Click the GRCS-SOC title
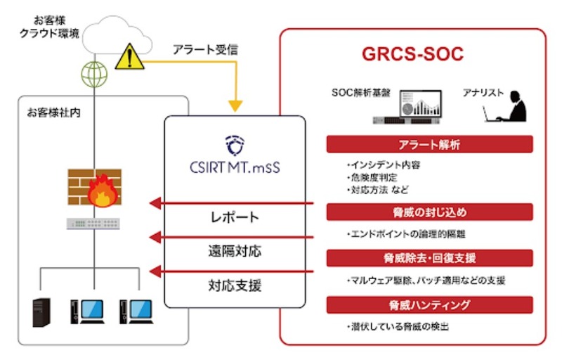412,55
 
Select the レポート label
235,217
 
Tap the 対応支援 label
235,285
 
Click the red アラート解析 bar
429,144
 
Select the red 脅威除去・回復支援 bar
429,258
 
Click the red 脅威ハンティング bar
429,304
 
